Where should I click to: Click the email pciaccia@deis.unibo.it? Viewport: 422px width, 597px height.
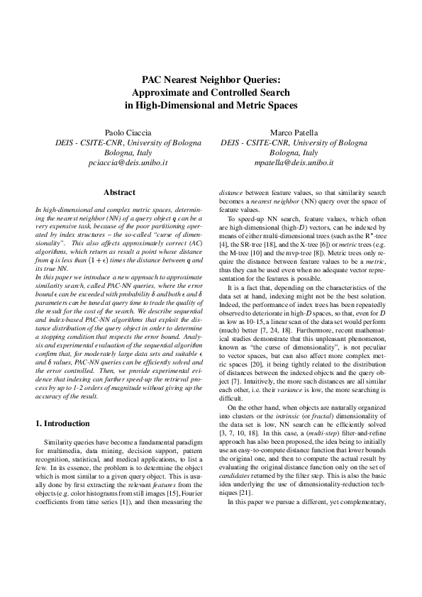click(126, 162)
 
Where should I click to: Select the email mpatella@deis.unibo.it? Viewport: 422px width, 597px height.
click(294, 162)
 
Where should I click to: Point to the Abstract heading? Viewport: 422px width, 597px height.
click(119, 192)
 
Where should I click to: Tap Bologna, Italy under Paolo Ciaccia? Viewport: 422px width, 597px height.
click(126, 152)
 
